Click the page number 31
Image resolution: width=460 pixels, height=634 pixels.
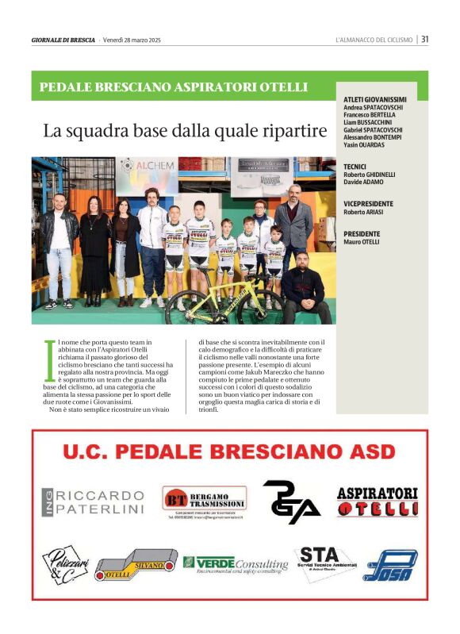pyautogui.click(x=425, y=38)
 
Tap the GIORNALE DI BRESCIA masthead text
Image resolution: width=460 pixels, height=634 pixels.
pyautogui.click(x=63, y=40)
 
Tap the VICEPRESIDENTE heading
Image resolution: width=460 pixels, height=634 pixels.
pyautogui.click(x=368, y=204)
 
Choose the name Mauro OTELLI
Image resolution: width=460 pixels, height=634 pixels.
pyautogui.click(x=362, y=241)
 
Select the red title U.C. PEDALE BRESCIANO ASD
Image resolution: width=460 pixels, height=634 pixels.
pyautogui.click(x=228, y=452)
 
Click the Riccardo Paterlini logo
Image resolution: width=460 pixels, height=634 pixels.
pyautogui.click(x=94, y=501)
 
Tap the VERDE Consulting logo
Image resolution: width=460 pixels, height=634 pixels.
pyautogui.click(x=236, y=563)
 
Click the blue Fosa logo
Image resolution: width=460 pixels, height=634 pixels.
pyautogui.click(x=389, y=565)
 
